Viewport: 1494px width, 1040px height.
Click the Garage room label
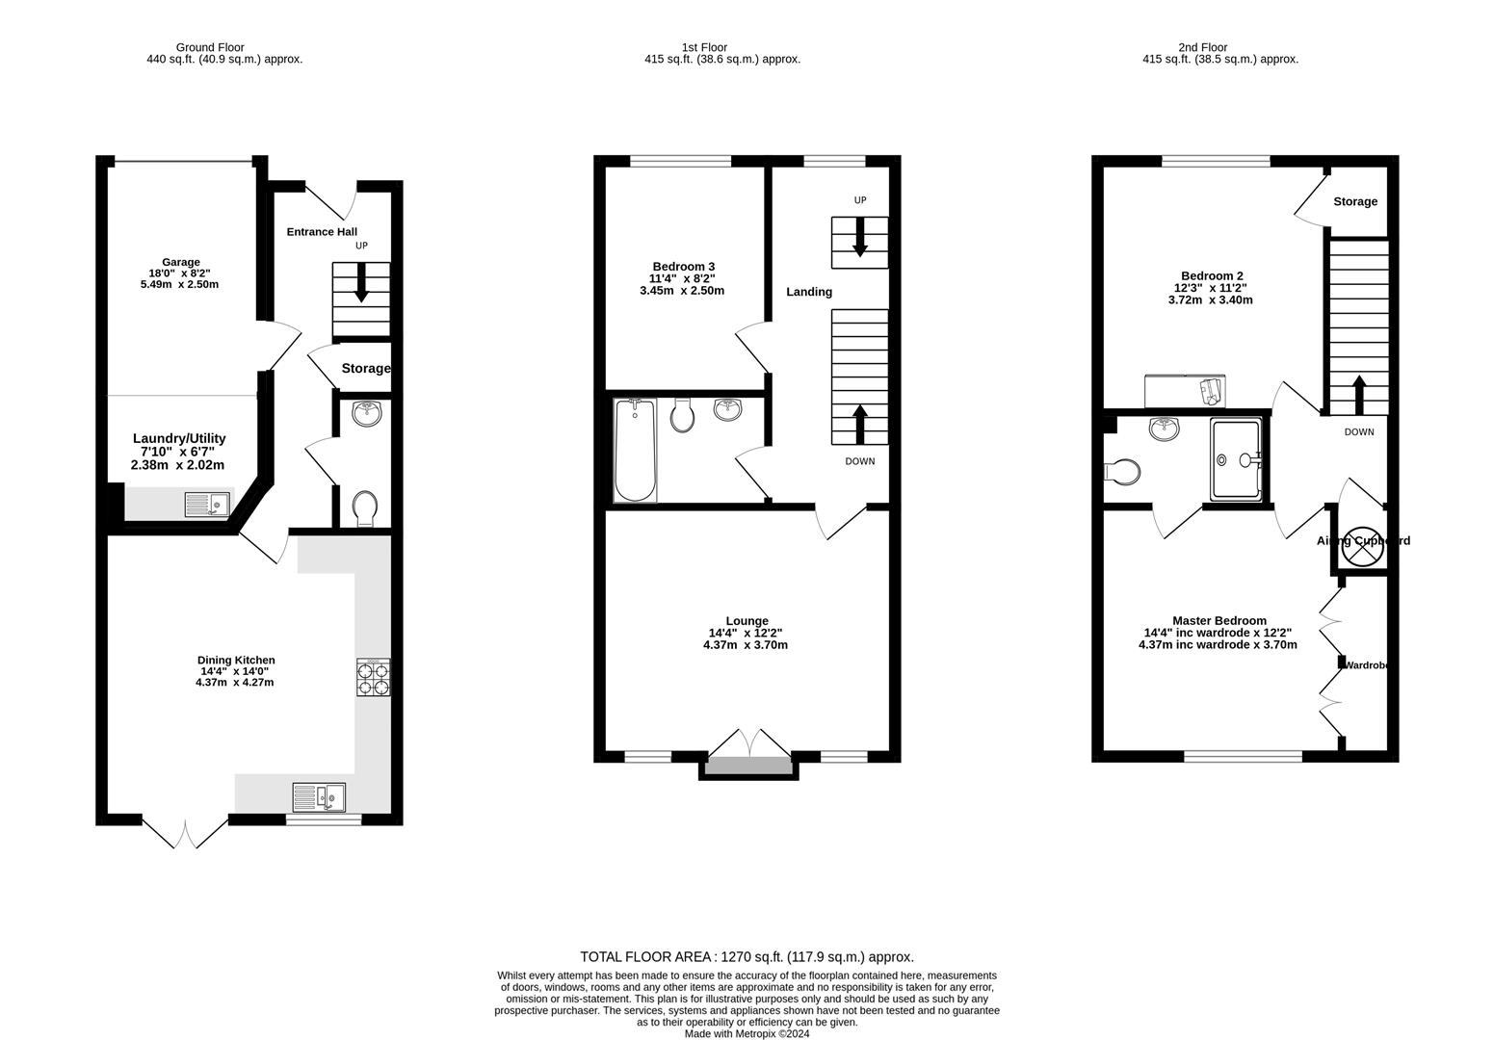pyautogui.click(x=180, y=262)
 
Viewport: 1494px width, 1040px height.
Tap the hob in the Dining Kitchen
pyautogui.click(x=374, y=677)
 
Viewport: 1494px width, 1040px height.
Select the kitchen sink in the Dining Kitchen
pyautogui.click(x=320, y=797)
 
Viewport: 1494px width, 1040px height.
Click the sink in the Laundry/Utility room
pyautogui.click(x=207, y=504)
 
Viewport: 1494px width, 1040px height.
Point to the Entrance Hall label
pyautogui.click(x=322, y=232)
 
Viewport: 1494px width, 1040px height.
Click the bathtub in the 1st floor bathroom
pyautogui.click(x=635, y=451)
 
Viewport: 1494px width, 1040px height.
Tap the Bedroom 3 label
pyautogui.click(x=683, y=267)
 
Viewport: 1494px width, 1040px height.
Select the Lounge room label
pyautogui.click(x=747, y=621)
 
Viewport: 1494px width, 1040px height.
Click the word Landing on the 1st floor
pyautogui.click(x=808, y=292)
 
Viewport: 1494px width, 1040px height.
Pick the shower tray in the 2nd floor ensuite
pyautogui.click(x=1236, y=459)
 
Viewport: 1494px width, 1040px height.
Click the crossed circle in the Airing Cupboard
pyautogui.click(x=1362, y=541)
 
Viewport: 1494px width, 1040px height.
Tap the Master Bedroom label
pyautogui.click(x=1219, y=621)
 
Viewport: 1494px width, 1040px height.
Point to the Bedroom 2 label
pyautogui.click(x=1212, y=276)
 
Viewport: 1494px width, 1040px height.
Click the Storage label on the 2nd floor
pyautogui.click(x=1354, y=202)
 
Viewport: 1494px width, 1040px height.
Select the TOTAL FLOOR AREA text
pyautogui.click(x=747, y=957)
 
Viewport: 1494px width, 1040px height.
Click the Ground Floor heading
pyautogui.click(x=210, y=47)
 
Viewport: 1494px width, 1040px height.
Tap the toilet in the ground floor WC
pyautogui.click(x=365, y=508)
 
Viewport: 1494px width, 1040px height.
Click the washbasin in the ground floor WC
pyautogui.click(x=366, y=414)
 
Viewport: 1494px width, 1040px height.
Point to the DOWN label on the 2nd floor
pyautogui.click(x=1358, y=432)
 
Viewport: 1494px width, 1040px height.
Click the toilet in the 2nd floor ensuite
pyautogui.click(x=1123, y=472)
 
